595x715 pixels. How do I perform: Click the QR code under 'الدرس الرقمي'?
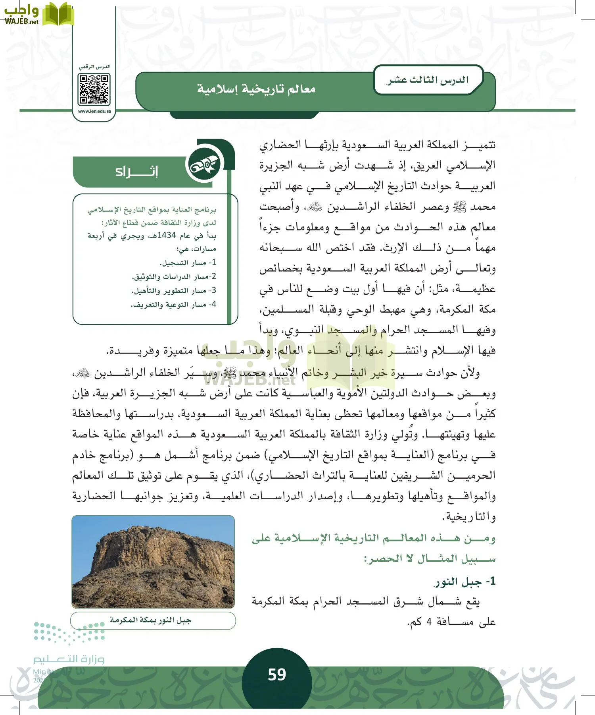coord(94,90)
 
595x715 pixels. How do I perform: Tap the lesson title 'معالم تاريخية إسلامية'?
coord(256,89)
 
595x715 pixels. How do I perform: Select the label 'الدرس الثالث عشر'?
coord(428,80)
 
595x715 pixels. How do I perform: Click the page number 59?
coord(277,674)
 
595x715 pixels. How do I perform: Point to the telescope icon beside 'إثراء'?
coord(204,166)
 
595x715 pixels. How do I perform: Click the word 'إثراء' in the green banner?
coord(136,172)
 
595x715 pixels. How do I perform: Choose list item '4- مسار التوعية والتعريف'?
coord(173,305)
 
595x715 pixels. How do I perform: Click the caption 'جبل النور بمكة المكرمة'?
coord(151,620)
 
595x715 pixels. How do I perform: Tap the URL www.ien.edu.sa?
coord(94,111)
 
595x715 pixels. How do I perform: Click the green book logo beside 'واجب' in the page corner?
coord(58,15)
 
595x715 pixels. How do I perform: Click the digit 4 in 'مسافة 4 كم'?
coord(429,622)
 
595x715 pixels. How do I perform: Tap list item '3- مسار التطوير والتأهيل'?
coord(174,291)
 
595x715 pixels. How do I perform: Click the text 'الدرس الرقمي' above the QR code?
coord(94,67)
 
